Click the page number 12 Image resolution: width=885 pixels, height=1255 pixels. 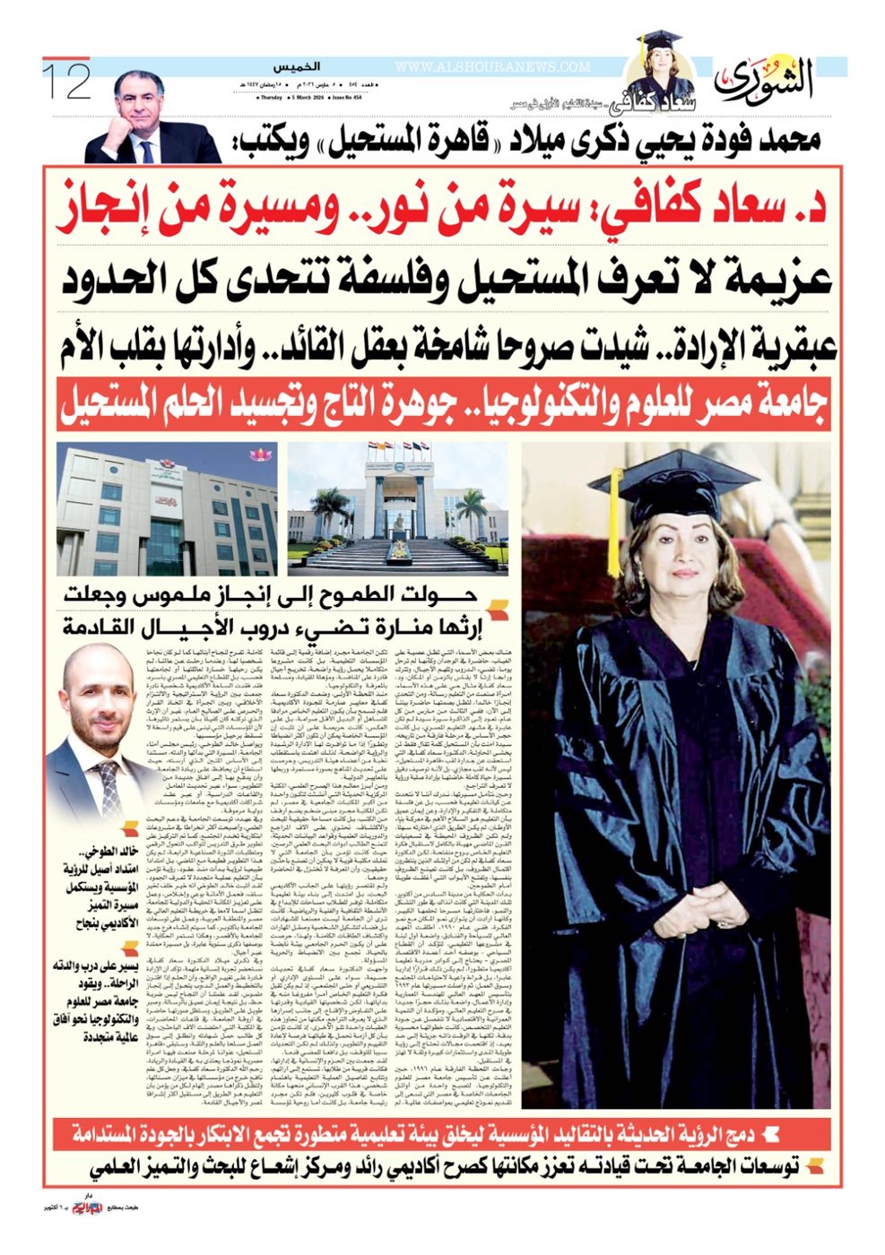click(x=67, y=80)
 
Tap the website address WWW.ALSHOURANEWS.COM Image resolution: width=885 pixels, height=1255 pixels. click(x=492, y=67)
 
